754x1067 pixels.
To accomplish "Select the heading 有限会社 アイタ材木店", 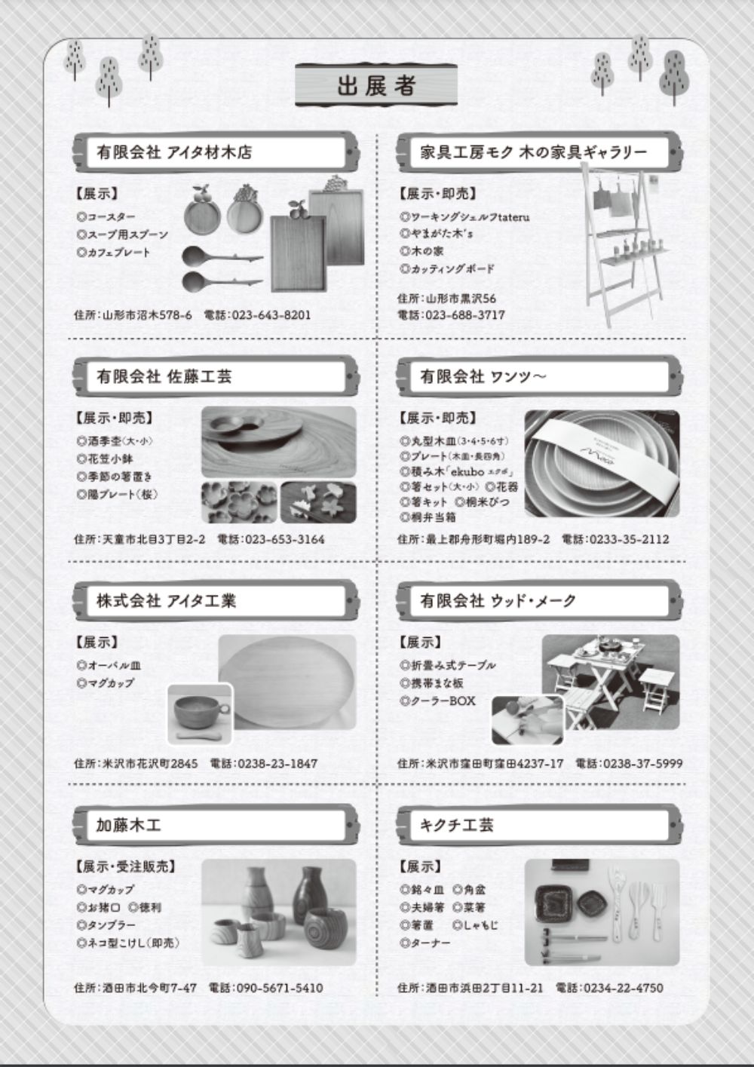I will click(x=174, y=152).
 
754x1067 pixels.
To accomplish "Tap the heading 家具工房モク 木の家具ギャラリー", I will click(x=533, y=152).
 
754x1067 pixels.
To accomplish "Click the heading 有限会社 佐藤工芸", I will click(x=164, y=376).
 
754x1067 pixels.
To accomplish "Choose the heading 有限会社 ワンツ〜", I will click(x=483, y=376).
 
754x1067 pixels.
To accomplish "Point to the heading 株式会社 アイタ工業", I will click(x=166, y=600).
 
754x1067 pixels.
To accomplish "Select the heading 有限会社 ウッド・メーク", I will click(x=498, y=600).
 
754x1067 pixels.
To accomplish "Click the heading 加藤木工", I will click(x=128, y=825).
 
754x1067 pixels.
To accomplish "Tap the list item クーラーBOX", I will click(x=442, y=701).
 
